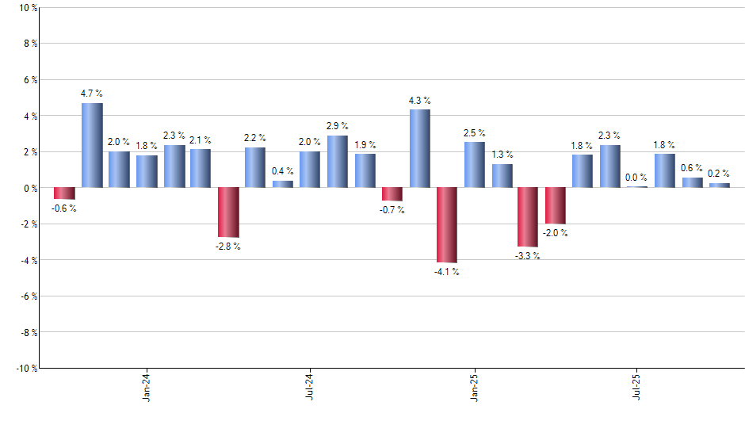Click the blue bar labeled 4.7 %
pos(92,145)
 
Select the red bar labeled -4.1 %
pos(447,225)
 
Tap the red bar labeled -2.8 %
pos(228,212)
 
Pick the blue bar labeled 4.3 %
pos(420,149)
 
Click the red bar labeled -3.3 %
pos(529,217)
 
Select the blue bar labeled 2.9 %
pos(338,162)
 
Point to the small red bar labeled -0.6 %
pos(64,193)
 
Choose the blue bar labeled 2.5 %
pos(475,165)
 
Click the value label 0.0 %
pos(637,178)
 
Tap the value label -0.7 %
pos(392,210)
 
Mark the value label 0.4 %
pos(283,171)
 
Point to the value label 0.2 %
pos(719,174)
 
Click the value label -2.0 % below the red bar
pos(555,233)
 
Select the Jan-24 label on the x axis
pos(147,385)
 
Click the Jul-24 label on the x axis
pos(310,385)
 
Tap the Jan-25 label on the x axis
pos(475,385)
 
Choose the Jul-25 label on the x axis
pos(637,385)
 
